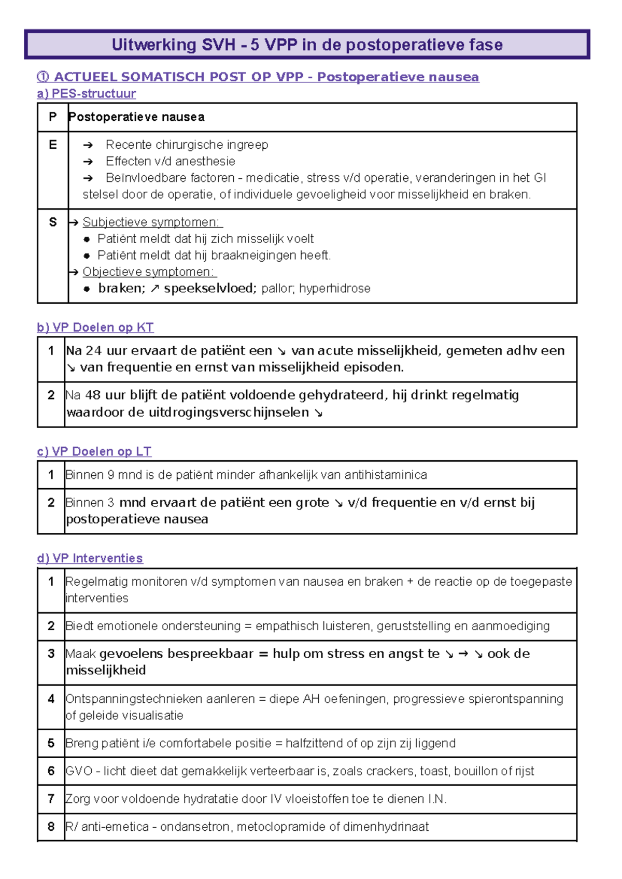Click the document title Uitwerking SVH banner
pos(307,45)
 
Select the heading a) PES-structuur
pos(87,93)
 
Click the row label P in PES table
pos(52,117)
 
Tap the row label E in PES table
pos(52,145)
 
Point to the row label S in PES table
pos(52,222)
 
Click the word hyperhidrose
pos(334,289)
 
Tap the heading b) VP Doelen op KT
pos(95,328)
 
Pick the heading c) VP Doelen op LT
pos(94,451)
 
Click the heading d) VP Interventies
pos(90,558)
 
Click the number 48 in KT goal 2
pos(93,395)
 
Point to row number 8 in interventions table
pos(51,827)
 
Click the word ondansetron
pos(196,827)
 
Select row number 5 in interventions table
pos(51,743)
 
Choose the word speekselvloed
pos(210,289)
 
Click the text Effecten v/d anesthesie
pos(170,162)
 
